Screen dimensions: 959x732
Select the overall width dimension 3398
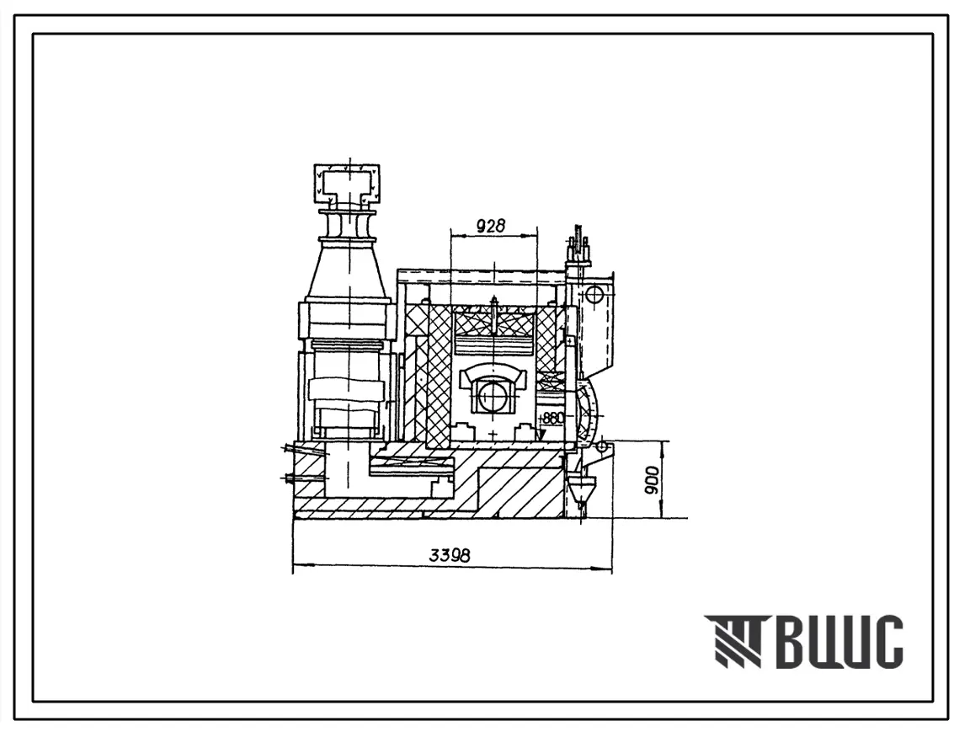(450, 556)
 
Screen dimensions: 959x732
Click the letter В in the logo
(795, 641)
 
